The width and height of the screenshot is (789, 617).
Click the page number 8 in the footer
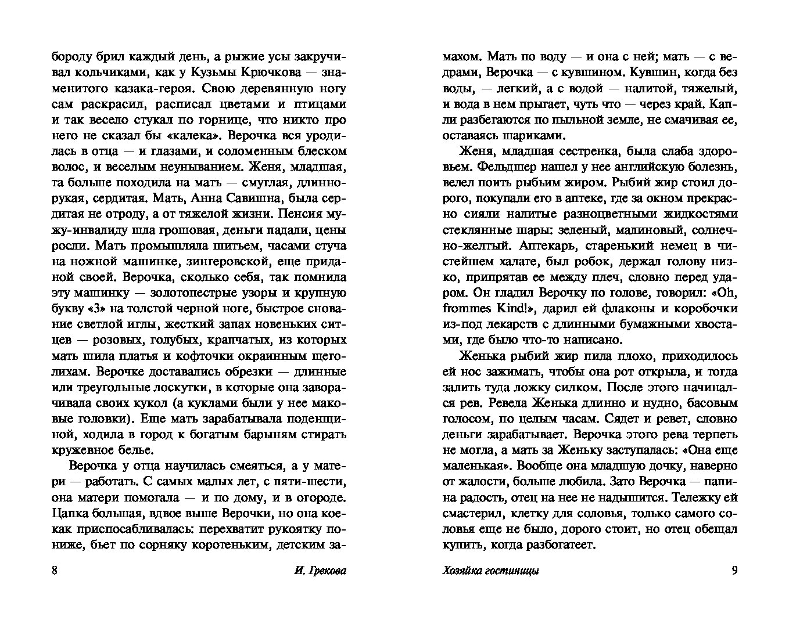coord(55,571)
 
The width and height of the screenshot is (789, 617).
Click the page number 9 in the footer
coord(734,571)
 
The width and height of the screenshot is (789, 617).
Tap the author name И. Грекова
coord(317,571)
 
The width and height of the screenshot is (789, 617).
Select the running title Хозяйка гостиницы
coord(490,571)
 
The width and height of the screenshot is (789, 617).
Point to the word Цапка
coord(70,513)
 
